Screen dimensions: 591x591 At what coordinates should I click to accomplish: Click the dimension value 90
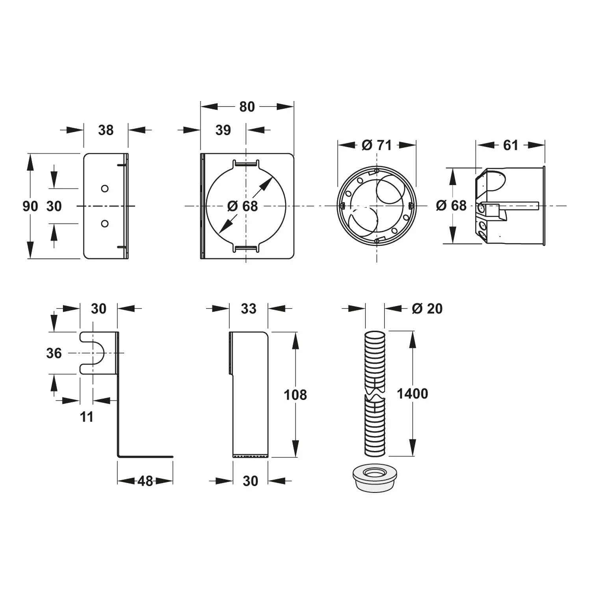point(30,206)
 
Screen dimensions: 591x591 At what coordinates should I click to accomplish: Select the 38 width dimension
point(106,130)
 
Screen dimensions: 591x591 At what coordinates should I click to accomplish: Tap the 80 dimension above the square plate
point(247,107)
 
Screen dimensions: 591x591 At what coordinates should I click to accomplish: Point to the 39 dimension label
point(223,130)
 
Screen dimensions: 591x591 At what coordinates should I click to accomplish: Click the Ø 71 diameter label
point(377,145)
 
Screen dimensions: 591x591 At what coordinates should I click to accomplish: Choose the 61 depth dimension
point(510,145)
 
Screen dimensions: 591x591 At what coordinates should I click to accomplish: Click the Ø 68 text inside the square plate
point(243,206)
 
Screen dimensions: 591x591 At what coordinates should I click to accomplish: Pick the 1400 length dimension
point(412,394)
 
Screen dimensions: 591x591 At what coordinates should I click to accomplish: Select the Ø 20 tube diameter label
point(427,309)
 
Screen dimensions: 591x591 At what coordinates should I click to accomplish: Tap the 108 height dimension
point(295,395)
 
